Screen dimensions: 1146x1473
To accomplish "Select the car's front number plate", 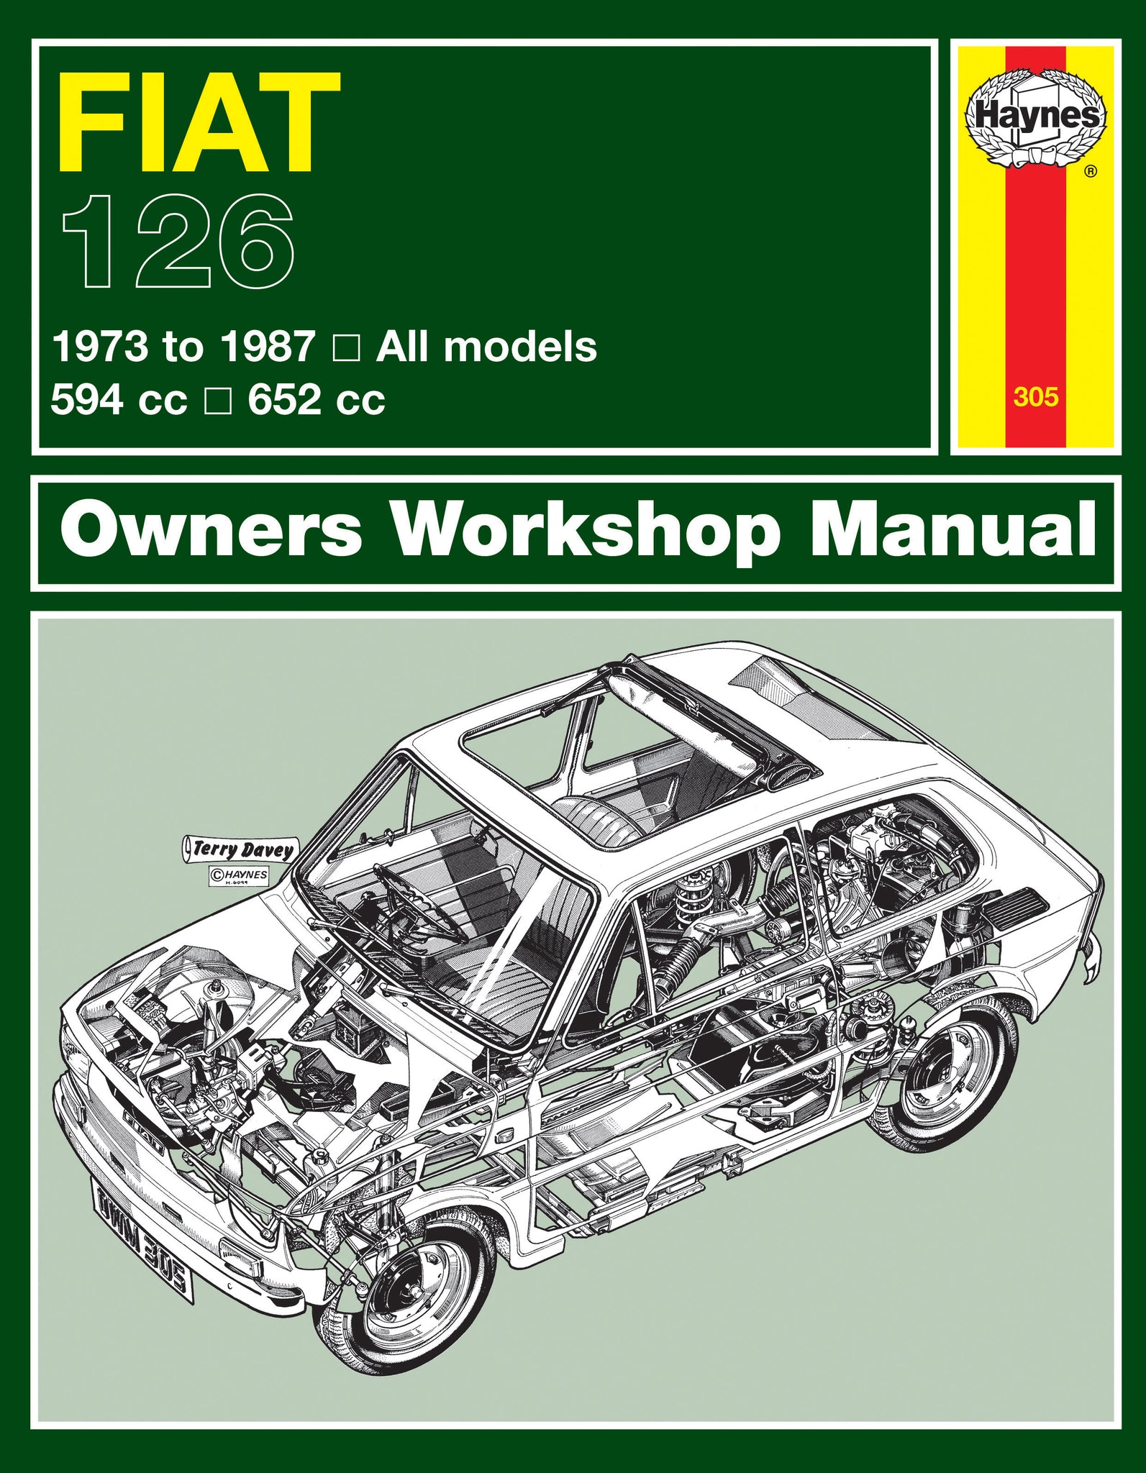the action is tap(142, 1222).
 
